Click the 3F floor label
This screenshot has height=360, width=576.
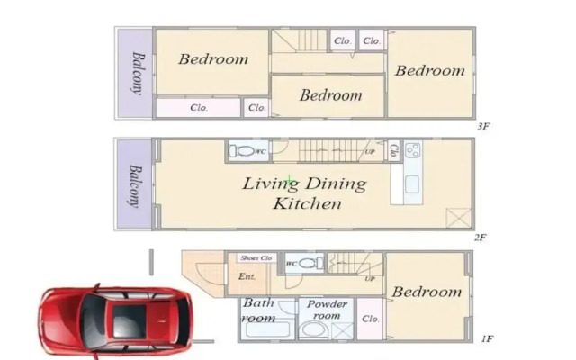point(483,126)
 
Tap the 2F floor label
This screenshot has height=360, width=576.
point(480,238)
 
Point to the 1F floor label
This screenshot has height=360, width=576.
point(487,338)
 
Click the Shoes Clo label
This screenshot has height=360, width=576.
point(256,258)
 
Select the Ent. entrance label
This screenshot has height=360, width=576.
point(247,276)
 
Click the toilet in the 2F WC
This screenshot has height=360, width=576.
point(242,150)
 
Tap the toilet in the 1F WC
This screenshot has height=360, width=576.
point(311,263)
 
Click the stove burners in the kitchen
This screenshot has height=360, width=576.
point(413,150)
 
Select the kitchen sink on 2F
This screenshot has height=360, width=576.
point(412,184)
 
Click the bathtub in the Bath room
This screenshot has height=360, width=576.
point(267,329)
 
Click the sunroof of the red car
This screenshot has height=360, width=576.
point(129,321)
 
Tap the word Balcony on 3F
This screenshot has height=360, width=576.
point(138,74)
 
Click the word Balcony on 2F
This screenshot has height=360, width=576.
point(136,186)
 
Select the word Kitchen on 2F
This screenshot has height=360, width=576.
point(307,203)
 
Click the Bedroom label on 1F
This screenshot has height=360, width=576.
point(427,292)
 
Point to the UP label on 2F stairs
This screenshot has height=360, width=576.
point(370,152)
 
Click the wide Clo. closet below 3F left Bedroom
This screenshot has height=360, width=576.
point(198,108)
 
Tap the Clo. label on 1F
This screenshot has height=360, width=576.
point(370,319)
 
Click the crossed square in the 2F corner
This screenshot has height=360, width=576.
point(459,218)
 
